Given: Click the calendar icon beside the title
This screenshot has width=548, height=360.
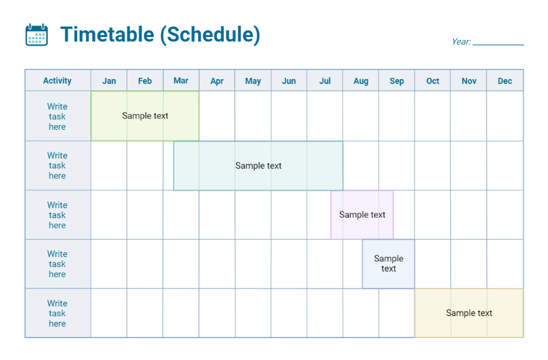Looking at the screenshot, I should (x=36, y=34).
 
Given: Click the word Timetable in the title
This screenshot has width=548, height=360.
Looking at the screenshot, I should (x=107, y=34).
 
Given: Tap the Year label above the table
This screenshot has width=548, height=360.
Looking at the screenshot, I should (x=461, y=42).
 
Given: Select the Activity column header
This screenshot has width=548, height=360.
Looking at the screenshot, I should (x=57, y=81).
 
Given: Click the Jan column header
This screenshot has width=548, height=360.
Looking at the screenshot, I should (x=109, y=81).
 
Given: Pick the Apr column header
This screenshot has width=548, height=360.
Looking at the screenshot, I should (x=217, y=81).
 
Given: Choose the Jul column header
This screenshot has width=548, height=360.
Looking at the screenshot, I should (x=325, y=81).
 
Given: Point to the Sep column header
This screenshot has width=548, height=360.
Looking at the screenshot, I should (x=397, y=81).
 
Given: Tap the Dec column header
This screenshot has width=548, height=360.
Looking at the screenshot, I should (x=505, y=81).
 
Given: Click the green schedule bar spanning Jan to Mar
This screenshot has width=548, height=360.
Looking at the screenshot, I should (x=145, y=116).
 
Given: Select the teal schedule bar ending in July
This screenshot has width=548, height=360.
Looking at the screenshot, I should (x=258, y=166).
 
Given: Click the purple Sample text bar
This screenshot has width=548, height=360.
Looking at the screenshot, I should (x=362, y=214).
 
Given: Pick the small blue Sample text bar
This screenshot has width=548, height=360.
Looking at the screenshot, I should (x=388, y=263).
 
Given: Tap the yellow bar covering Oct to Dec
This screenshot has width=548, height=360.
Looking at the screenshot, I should (x=469, y=313).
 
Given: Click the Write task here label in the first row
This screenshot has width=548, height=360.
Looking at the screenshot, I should (x=57, y=117).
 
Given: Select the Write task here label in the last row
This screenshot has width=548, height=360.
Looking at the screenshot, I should (x=57, y=314).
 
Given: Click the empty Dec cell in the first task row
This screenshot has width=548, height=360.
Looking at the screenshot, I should (x=505, y=116).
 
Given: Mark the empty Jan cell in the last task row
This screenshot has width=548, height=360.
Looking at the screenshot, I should (x=109, y=313).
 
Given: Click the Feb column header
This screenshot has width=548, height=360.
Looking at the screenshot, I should (x=145, y=81).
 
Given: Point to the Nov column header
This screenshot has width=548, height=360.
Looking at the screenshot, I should (x=469, y=81).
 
